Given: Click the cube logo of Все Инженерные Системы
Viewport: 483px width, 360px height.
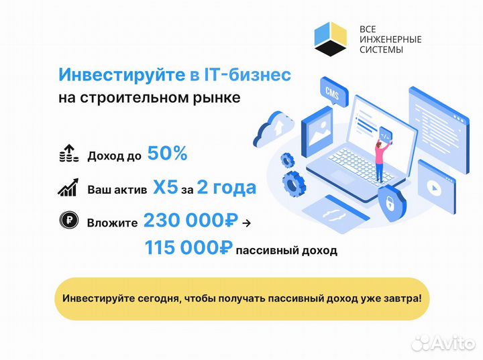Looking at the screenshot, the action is pyautogui.click(x=331, y=39).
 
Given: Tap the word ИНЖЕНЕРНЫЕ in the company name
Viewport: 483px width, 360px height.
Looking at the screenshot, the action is pyautogui.click(x=390, y=40).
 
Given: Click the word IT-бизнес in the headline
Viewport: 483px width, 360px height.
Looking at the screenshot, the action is pyautogui.click(x=248, y=74).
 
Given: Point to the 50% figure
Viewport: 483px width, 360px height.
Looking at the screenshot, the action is pyautogui.click(x=167, y=153).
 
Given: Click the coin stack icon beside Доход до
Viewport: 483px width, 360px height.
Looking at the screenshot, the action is pyautogui.click(x=69, y=154).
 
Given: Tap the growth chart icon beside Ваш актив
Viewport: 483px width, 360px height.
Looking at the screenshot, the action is pyautogui.click(x=68, y=188).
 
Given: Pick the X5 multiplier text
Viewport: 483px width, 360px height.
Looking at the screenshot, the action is pyautogui.click(x=166, y=187).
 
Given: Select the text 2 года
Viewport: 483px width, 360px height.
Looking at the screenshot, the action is pyautogui.click(x=227, y=188).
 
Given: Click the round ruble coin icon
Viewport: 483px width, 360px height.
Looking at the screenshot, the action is pyautogui.click(x=69, y=220).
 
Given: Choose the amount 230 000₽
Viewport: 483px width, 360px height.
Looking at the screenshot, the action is pyautogui.click(x=191, y=220).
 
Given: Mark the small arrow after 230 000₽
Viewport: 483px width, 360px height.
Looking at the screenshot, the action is pyautogui.click(x=246, y=223).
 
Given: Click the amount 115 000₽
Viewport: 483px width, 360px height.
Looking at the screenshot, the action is pyautogui.click(x=189, y=247).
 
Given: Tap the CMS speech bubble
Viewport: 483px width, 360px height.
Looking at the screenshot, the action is pyautogui.click(x=333, y=92).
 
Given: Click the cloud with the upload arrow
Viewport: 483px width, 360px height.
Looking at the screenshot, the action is pyautogui.click(x=273, y=129).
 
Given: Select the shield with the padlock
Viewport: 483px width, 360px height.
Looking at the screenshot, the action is pyautogui.click(x=392, y=202).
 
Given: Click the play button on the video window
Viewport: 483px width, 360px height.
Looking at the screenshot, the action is pyautogui.click(x=434, y=188).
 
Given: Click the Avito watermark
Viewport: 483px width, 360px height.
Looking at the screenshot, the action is pyautogui.click(x=443, y=343).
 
